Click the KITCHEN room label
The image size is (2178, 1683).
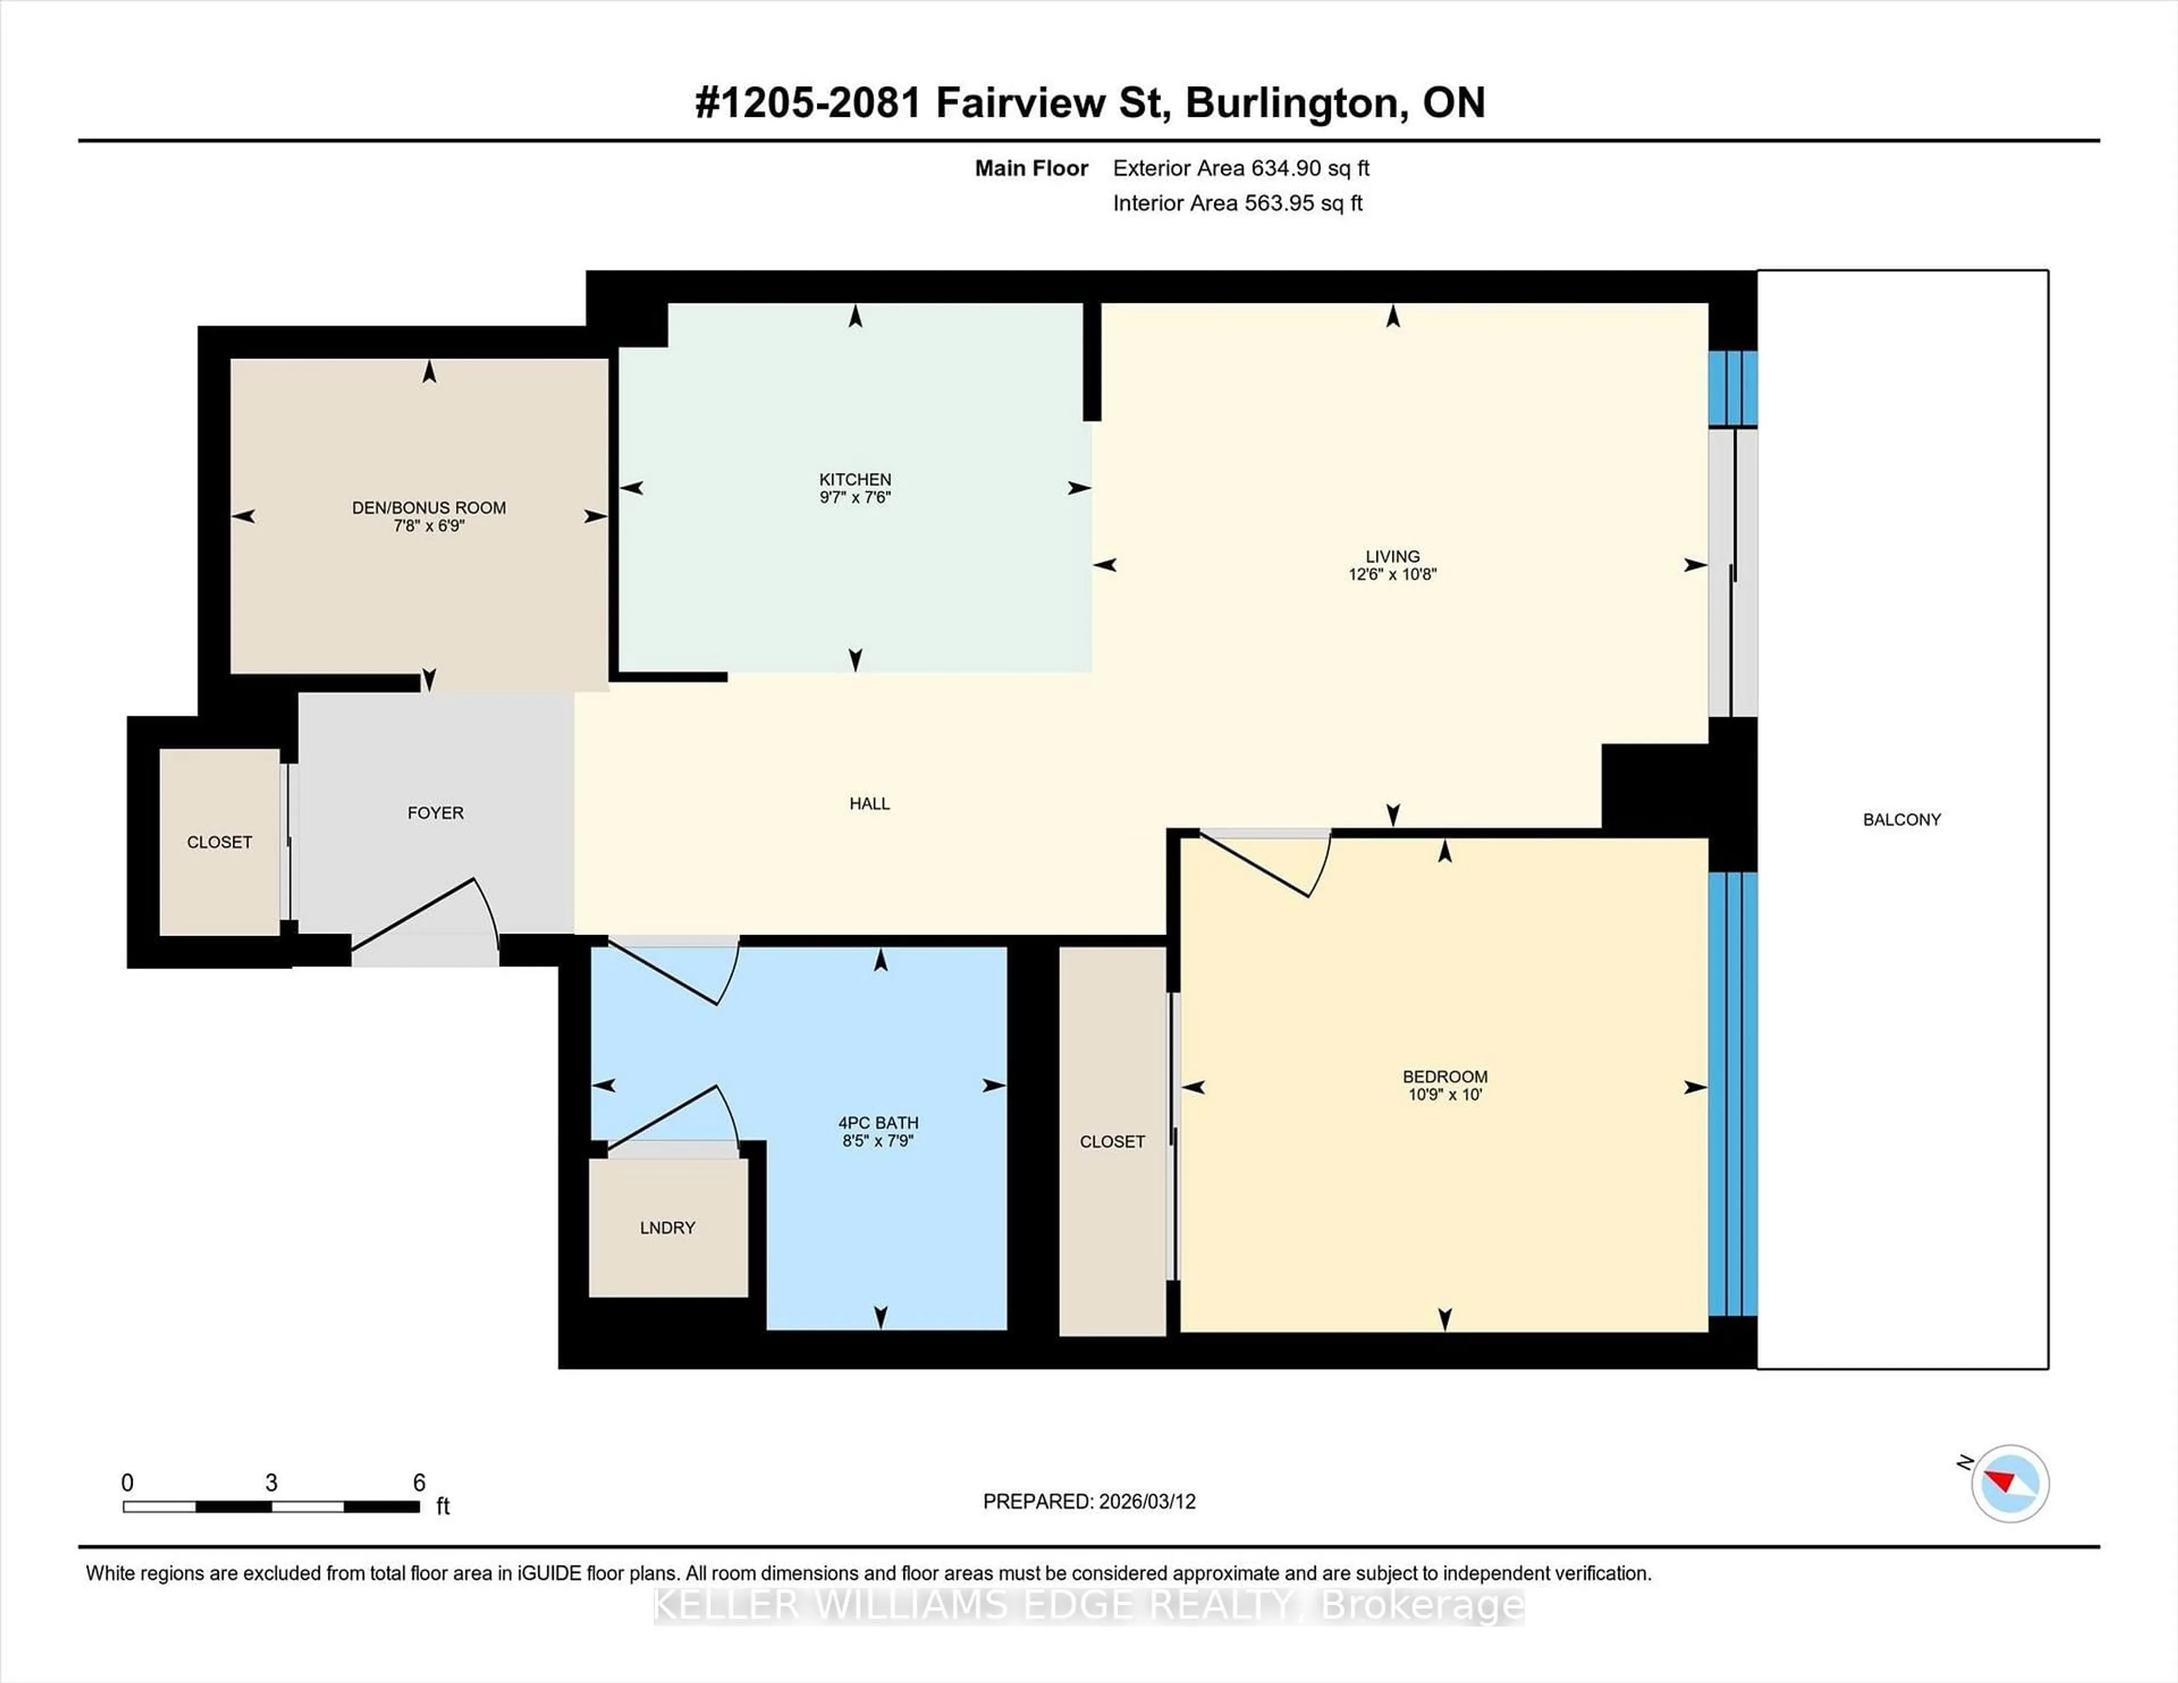[x=855, y=480]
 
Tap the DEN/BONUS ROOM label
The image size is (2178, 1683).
[x=429, y=508]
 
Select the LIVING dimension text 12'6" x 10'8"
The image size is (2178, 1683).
[x=1392, y=574]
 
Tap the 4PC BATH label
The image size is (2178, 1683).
[x=877, y=1123]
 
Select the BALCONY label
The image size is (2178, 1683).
[x=1902, y=819]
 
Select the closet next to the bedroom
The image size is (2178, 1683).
[x=1112, y=1141]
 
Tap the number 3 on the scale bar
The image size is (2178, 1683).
[x=271, y=1483]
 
